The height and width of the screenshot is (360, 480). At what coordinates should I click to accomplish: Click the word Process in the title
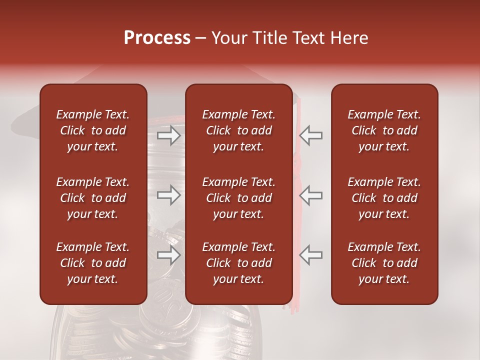click(157, 38)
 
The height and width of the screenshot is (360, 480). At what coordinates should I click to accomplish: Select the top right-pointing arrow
click(169, 135)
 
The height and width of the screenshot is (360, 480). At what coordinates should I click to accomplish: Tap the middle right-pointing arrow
click(169, 194)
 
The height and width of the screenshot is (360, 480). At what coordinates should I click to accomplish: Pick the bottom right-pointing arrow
click(169, 254)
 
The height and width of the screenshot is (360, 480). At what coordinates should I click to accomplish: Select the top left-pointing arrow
click(311, 135)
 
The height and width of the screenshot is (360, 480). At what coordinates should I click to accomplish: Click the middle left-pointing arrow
click(311, 194)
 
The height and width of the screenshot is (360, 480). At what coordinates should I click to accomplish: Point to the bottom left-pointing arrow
click(311, 254)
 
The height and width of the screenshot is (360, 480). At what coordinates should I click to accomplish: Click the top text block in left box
click(93, 130)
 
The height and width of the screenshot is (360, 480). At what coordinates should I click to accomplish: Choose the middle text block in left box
click(93, 198)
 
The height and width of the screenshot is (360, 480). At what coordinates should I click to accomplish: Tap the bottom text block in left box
click(93, 263)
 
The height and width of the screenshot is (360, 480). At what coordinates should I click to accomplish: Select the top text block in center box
click(238, 130)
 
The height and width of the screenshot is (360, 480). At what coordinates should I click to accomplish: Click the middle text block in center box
click(238, 198)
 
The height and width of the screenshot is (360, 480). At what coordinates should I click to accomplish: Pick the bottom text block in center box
click(238, 263)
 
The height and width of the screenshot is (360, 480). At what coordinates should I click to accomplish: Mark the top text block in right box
click(384, 130)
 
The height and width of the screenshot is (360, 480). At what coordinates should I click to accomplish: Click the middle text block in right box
click(384, 198)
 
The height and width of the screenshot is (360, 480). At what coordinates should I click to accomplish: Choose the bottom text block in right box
click(384, 263)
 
